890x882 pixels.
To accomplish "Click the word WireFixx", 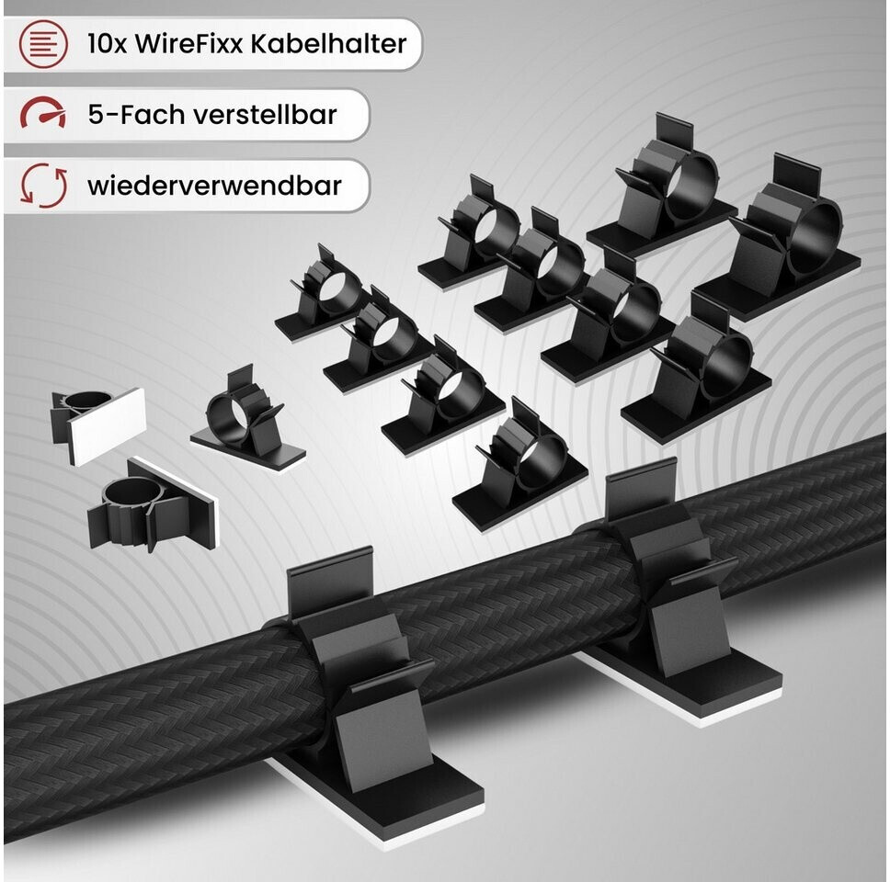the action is click(189, 44).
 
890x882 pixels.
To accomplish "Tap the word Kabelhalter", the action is click(328, 44).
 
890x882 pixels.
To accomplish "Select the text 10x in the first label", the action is click(107, 44).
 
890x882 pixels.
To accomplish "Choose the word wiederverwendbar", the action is click(214, 186).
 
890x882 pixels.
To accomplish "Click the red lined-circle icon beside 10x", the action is click(43, 44).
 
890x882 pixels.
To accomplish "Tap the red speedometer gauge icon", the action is click(43, 112).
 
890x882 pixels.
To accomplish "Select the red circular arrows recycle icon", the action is click(44, 186).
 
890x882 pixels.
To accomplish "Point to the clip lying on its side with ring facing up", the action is click(152, 504).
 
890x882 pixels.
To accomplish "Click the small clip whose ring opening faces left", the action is click(247, 417).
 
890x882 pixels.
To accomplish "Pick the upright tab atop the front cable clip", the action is click(330, 582).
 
